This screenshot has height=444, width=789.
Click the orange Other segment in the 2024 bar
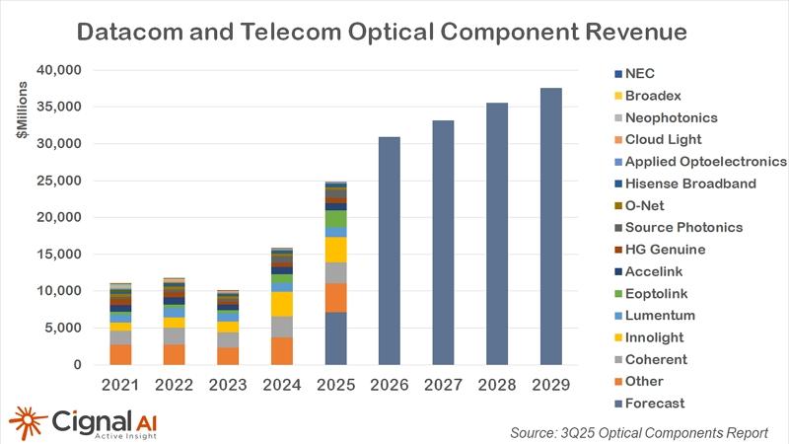point(284,351)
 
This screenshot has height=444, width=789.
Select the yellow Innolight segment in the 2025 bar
point(337,250)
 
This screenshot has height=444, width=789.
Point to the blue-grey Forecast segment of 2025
point(337,338)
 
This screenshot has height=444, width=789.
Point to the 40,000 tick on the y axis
point(56,70)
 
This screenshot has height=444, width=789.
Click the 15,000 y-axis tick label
point(56,255)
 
